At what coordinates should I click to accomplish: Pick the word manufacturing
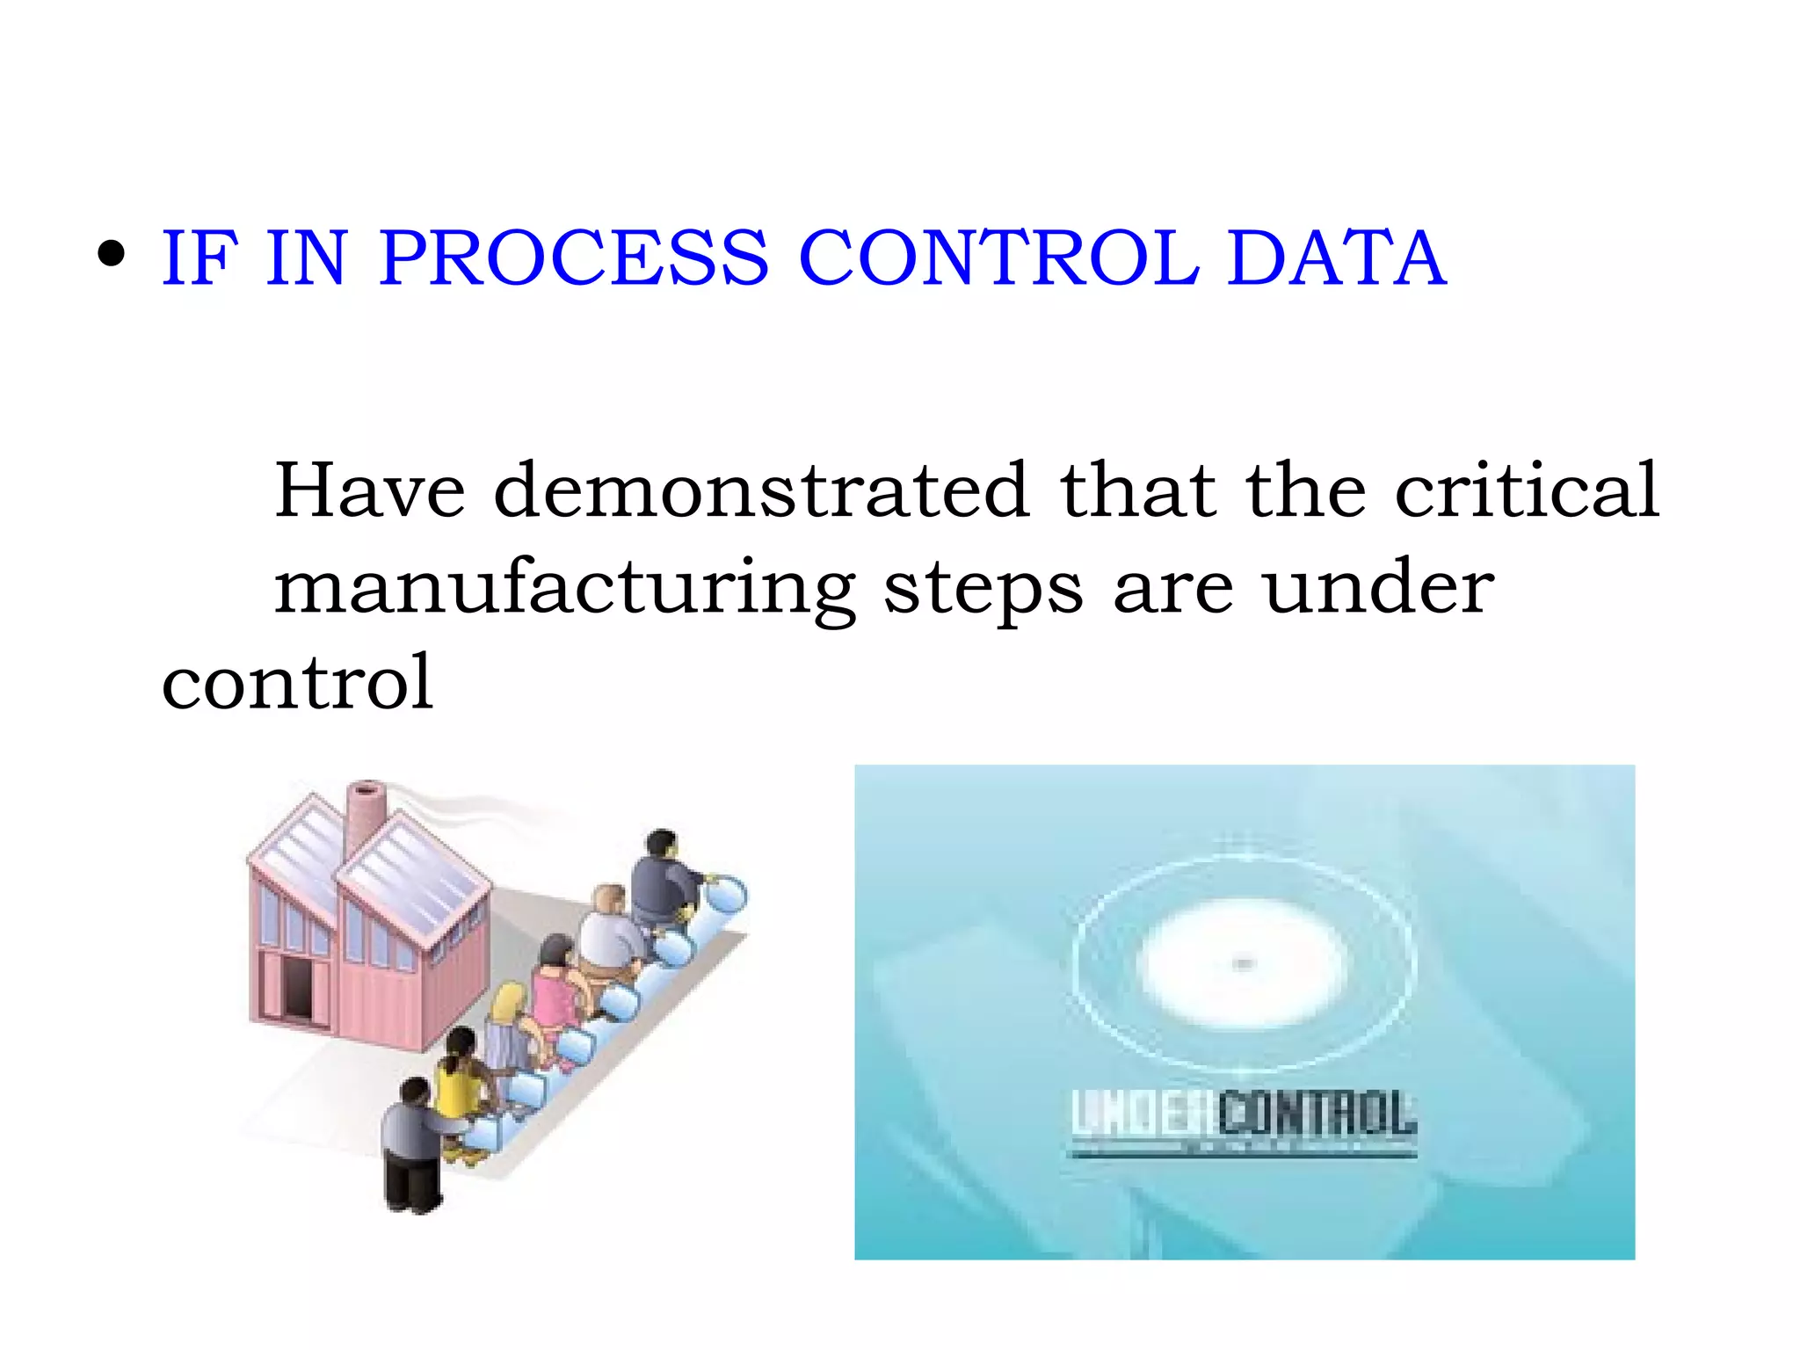coord(564,589)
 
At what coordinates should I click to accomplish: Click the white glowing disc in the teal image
coord(1242,964)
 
